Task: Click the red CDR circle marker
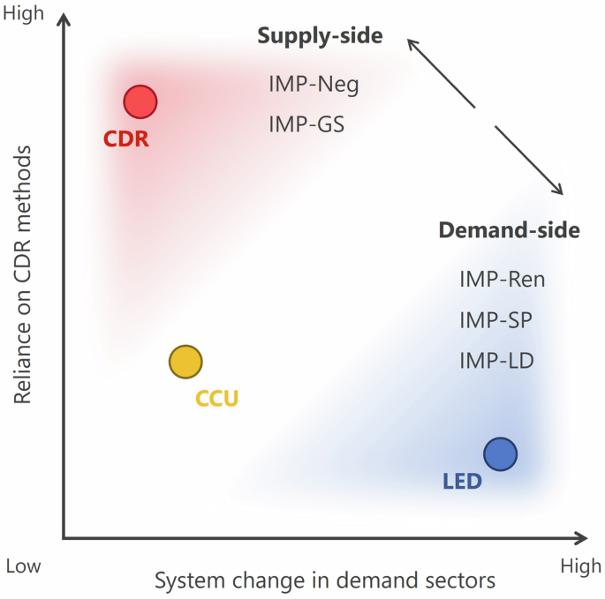coord(140,102)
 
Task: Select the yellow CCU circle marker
coord(185,361)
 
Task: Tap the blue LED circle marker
coord(500,453)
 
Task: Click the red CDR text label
coord(126,139)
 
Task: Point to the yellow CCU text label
coord(216,399)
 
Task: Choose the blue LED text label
coord(461,483)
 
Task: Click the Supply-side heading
coord(320,36)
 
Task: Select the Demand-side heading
coord(509,230)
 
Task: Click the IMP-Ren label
coord(502,280)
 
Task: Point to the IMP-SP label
coord(495,320)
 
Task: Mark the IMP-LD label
coord(496,360)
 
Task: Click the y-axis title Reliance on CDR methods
coord(24,274)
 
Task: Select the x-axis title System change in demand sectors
coord(324,580)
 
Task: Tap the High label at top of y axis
coord(24,15)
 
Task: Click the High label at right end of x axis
coord(580,565)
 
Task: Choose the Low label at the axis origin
coord(23,565)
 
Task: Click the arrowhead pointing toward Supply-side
coord(410,42)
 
